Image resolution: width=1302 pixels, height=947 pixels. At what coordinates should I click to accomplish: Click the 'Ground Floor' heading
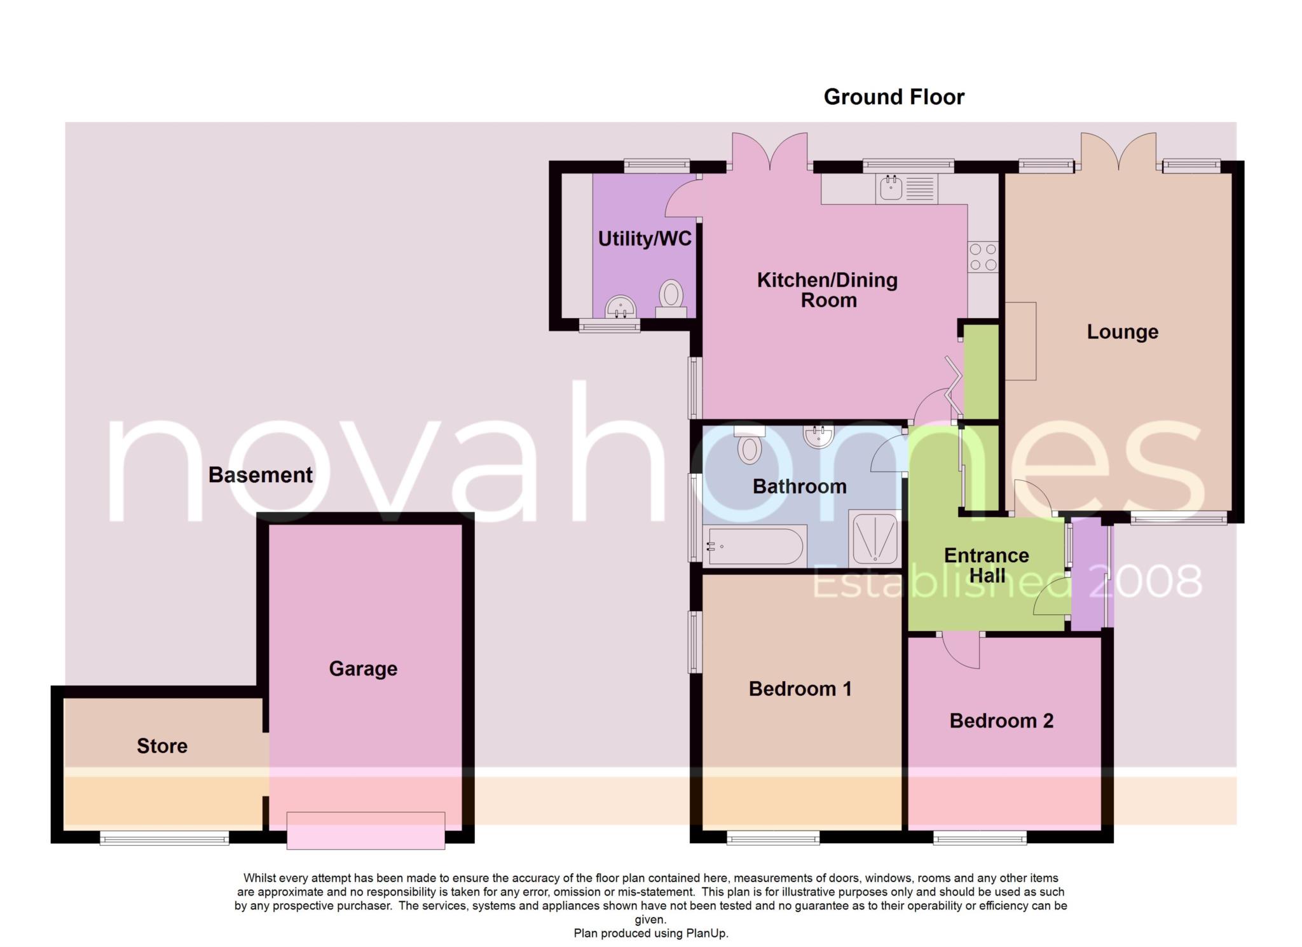click(x=894, y=97)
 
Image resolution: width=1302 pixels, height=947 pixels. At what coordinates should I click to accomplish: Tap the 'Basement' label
click(x=260, y=474)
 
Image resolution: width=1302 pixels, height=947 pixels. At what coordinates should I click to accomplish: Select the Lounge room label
click(x=1122, y=331)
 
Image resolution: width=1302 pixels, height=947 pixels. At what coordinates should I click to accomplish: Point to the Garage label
click(x=363, y=668)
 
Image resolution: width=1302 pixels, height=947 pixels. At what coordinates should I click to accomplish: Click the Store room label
click(x=162, y=745)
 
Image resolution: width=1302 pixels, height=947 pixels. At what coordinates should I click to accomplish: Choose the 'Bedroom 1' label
click(x=800, y=688)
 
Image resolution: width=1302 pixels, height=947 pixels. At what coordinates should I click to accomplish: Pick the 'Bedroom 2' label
click(x=1001, y=721)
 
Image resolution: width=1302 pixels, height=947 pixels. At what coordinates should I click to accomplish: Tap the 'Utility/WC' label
click(x=645, y=238)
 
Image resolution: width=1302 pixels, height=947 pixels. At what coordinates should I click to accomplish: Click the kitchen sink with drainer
click(x=907, y=189)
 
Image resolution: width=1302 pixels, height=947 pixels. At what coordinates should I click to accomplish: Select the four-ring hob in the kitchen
click(x=983, y=257)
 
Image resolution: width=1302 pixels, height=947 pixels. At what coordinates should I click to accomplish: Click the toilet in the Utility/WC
click(x=671, y=299)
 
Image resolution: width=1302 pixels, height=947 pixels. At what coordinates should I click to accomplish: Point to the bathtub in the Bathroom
click(x=755, y=546)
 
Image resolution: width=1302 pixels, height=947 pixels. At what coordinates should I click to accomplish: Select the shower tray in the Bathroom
click(x=875, y=539)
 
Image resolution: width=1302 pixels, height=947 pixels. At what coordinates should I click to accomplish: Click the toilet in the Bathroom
click(x=750, y=445)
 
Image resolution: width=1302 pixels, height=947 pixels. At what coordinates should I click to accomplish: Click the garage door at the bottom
click(x=366, y=830)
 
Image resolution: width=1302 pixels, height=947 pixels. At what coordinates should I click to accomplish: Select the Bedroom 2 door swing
click(x=961, y=651)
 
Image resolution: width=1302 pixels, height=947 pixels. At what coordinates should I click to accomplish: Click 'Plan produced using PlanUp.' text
click(x=651, y=934)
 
